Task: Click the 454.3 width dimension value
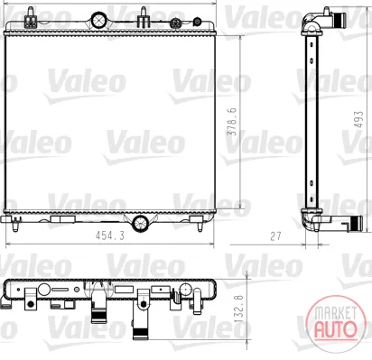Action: click(110, 235)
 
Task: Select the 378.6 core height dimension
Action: click(233, 122)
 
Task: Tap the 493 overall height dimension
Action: click(358, 119)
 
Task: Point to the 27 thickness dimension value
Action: click(275, 236)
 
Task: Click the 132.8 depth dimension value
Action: click(239, 309)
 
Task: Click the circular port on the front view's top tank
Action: click(98, 20)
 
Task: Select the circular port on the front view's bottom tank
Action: click(140, 223)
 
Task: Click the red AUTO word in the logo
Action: click(335, 328)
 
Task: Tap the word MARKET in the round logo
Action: click(335, 313)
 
